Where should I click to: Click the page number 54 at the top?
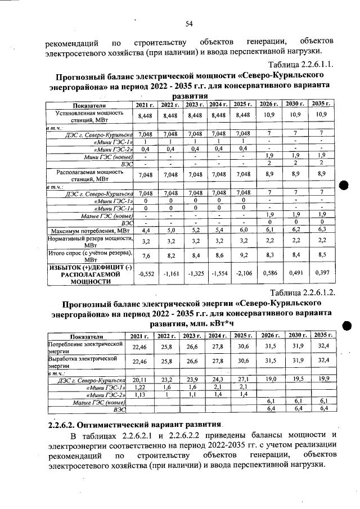[x=189, y=23]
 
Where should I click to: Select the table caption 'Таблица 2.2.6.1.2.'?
[x=303, y=292]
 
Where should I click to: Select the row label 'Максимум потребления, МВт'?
[x=88, y=230]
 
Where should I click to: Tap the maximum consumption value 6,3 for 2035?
[x=321, y=229]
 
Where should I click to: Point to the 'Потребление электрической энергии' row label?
[x=85, y=346]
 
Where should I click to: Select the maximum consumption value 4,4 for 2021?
[x=145, y=230]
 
